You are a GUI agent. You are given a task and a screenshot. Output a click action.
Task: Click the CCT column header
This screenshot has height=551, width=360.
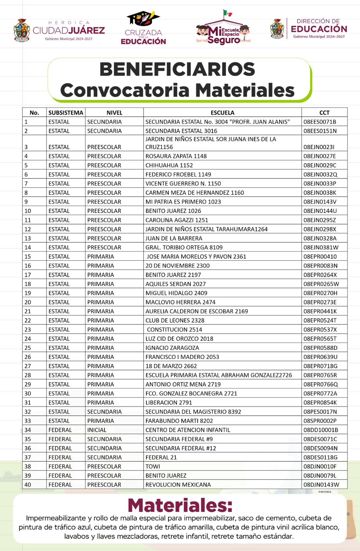[x=324, y=113]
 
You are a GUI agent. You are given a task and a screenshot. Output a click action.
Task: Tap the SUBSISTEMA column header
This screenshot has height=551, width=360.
[x=66, y=113]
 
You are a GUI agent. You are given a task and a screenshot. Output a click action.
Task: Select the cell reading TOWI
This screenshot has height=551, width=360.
[x=153, y=466]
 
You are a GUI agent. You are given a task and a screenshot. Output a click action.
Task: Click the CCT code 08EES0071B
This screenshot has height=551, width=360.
[x=320, y=122]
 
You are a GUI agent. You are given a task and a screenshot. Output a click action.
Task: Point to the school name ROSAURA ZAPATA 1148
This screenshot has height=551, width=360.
[x=176, y=156]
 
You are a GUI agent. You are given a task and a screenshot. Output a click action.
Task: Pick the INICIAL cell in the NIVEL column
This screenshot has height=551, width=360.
[x=97, y=430]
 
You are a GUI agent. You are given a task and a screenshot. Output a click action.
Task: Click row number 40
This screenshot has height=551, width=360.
[x=28, y=485]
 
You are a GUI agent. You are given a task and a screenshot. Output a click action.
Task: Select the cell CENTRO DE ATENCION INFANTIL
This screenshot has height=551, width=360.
[x=188, y=430]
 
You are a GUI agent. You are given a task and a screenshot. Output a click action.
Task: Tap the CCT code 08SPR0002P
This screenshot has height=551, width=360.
[x=320, y=421]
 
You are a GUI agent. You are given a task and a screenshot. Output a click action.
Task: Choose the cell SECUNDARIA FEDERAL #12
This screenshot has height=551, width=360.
[x=181, y=448]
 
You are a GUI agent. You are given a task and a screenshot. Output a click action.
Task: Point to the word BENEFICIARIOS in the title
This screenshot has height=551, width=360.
[x=177, y=69]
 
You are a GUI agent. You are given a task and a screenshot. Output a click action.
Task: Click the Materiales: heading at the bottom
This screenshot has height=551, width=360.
[x=180, y=506]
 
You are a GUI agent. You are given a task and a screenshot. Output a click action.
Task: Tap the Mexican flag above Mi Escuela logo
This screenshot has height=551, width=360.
[x=227, y=13]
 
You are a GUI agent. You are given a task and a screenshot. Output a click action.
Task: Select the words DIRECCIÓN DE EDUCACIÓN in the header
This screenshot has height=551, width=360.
[x=319, y=26]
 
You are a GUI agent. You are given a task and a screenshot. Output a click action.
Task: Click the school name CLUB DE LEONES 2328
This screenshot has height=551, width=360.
[x=175, y=320]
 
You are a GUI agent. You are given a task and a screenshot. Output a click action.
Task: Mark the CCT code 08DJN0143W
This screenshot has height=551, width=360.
[x=321, y=485]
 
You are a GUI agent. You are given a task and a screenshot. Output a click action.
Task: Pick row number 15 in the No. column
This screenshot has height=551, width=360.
[x=28, y=257]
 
